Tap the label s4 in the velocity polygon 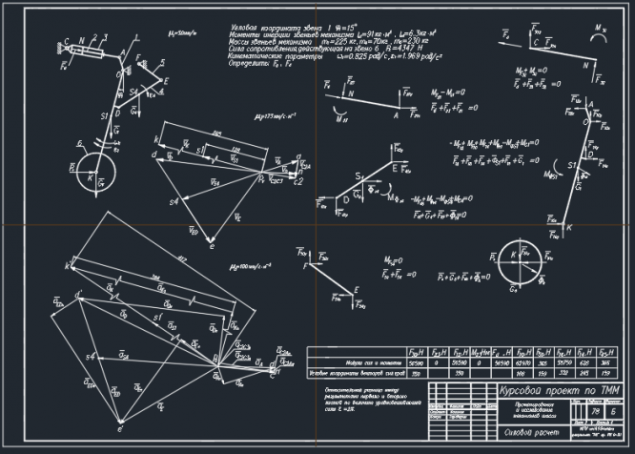pos(174,203)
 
